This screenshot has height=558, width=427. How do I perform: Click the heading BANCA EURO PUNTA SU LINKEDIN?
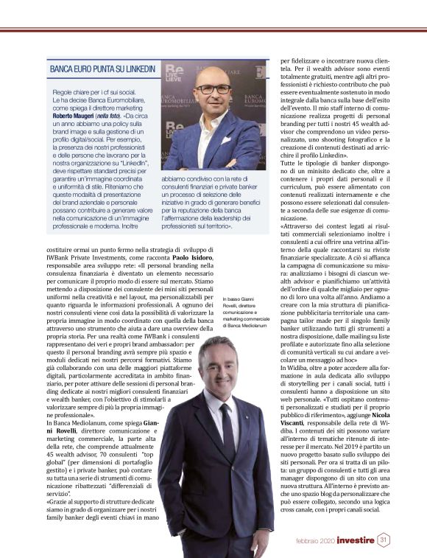click(102, 69)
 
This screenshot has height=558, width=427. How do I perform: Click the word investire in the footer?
click(350, 540)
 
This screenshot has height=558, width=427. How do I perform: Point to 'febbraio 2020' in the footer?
click(307, 540)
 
